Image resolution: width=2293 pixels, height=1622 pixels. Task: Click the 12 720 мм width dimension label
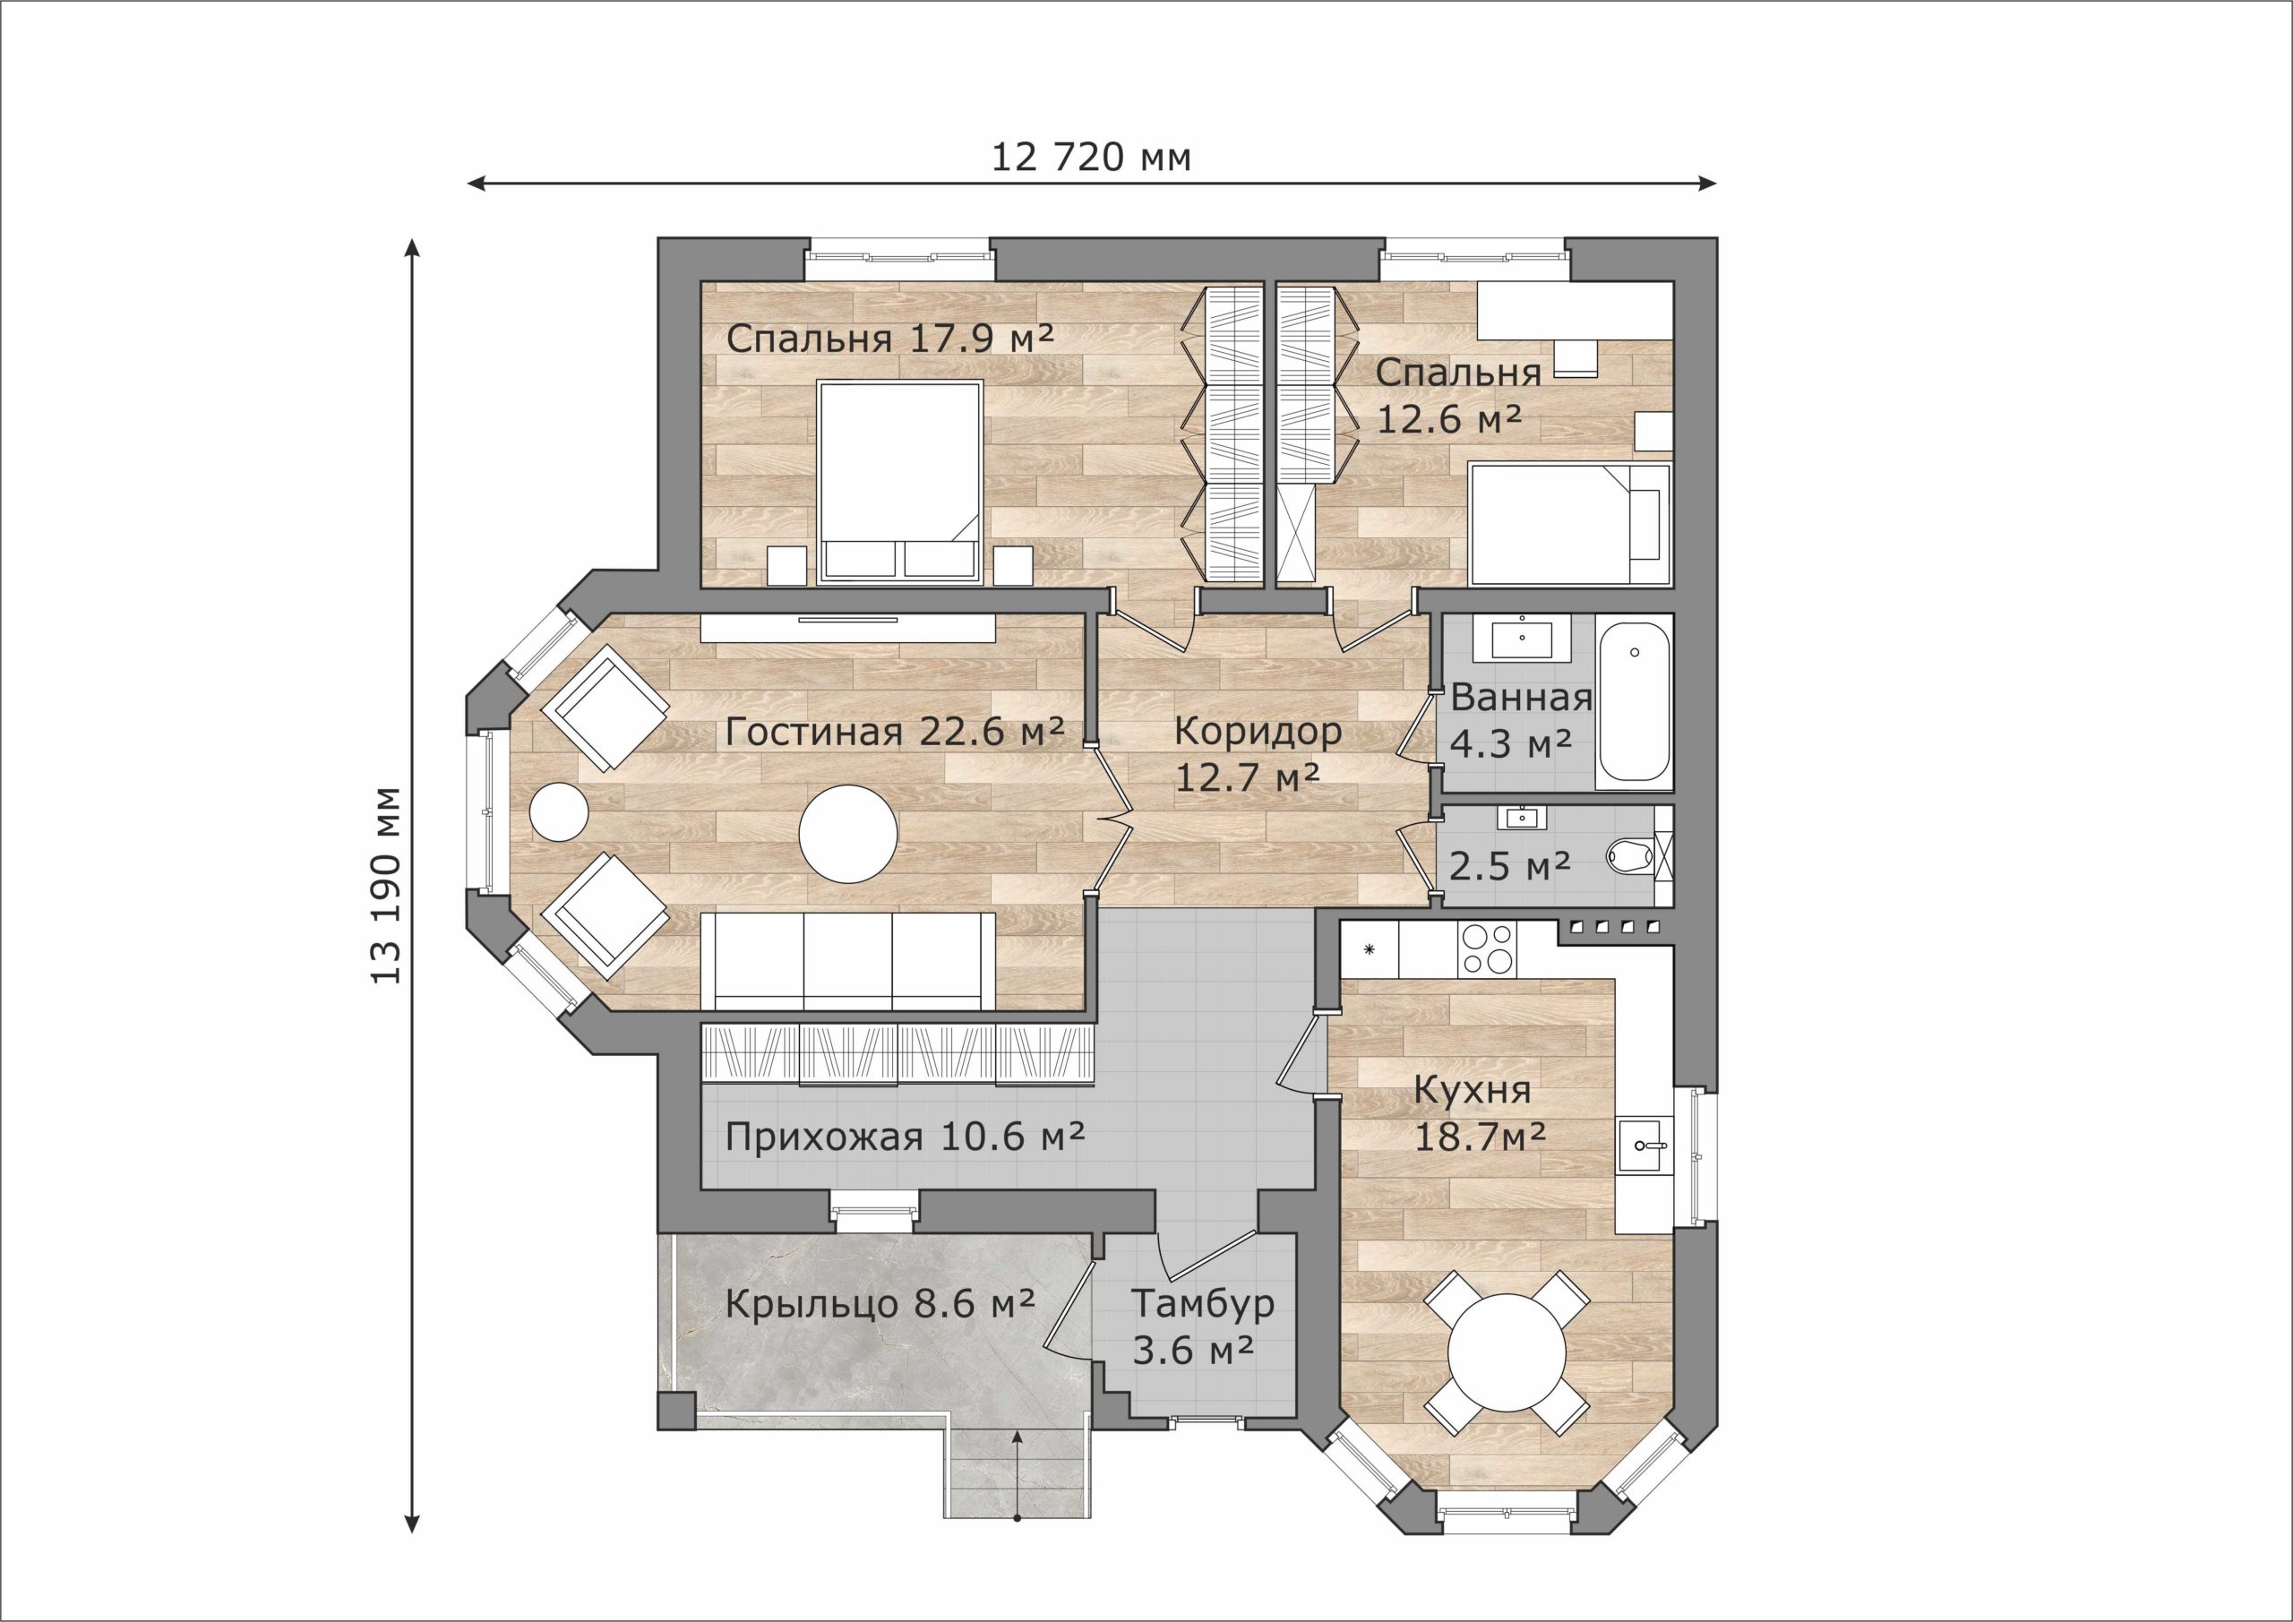coord(1091,157)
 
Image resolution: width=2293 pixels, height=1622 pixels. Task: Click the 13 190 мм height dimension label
coord(385,886)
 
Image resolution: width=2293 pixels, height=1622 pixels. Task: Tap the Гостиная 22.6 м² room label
coord(894,732)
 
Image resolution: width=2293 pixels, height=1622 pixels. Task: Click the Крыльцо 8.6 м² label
coord(879,1304)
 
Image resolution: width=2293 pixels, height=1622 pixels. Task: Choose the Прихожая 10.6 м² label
coord(905,1137)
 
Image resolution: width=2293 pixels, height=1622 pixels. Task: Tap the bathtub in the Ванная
coord(1634,703)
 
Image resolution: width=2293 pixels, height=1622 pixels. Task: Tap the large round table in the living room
coord(848,834)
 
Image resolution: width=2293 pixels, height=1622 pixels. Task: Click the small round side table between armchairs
coord(559,812)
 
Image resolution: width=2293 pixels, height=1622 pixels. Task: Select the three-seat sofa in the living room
coord(848,962)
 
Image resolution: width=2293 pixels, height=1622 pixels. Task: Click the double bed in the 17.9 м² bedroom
coord(898,482)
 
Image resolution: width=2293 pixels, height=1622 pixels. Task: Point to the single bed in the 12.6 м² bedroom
coord(1570,523)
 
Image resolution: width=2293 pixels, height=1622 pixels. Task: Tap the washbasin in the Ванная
coord(1521,637)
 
